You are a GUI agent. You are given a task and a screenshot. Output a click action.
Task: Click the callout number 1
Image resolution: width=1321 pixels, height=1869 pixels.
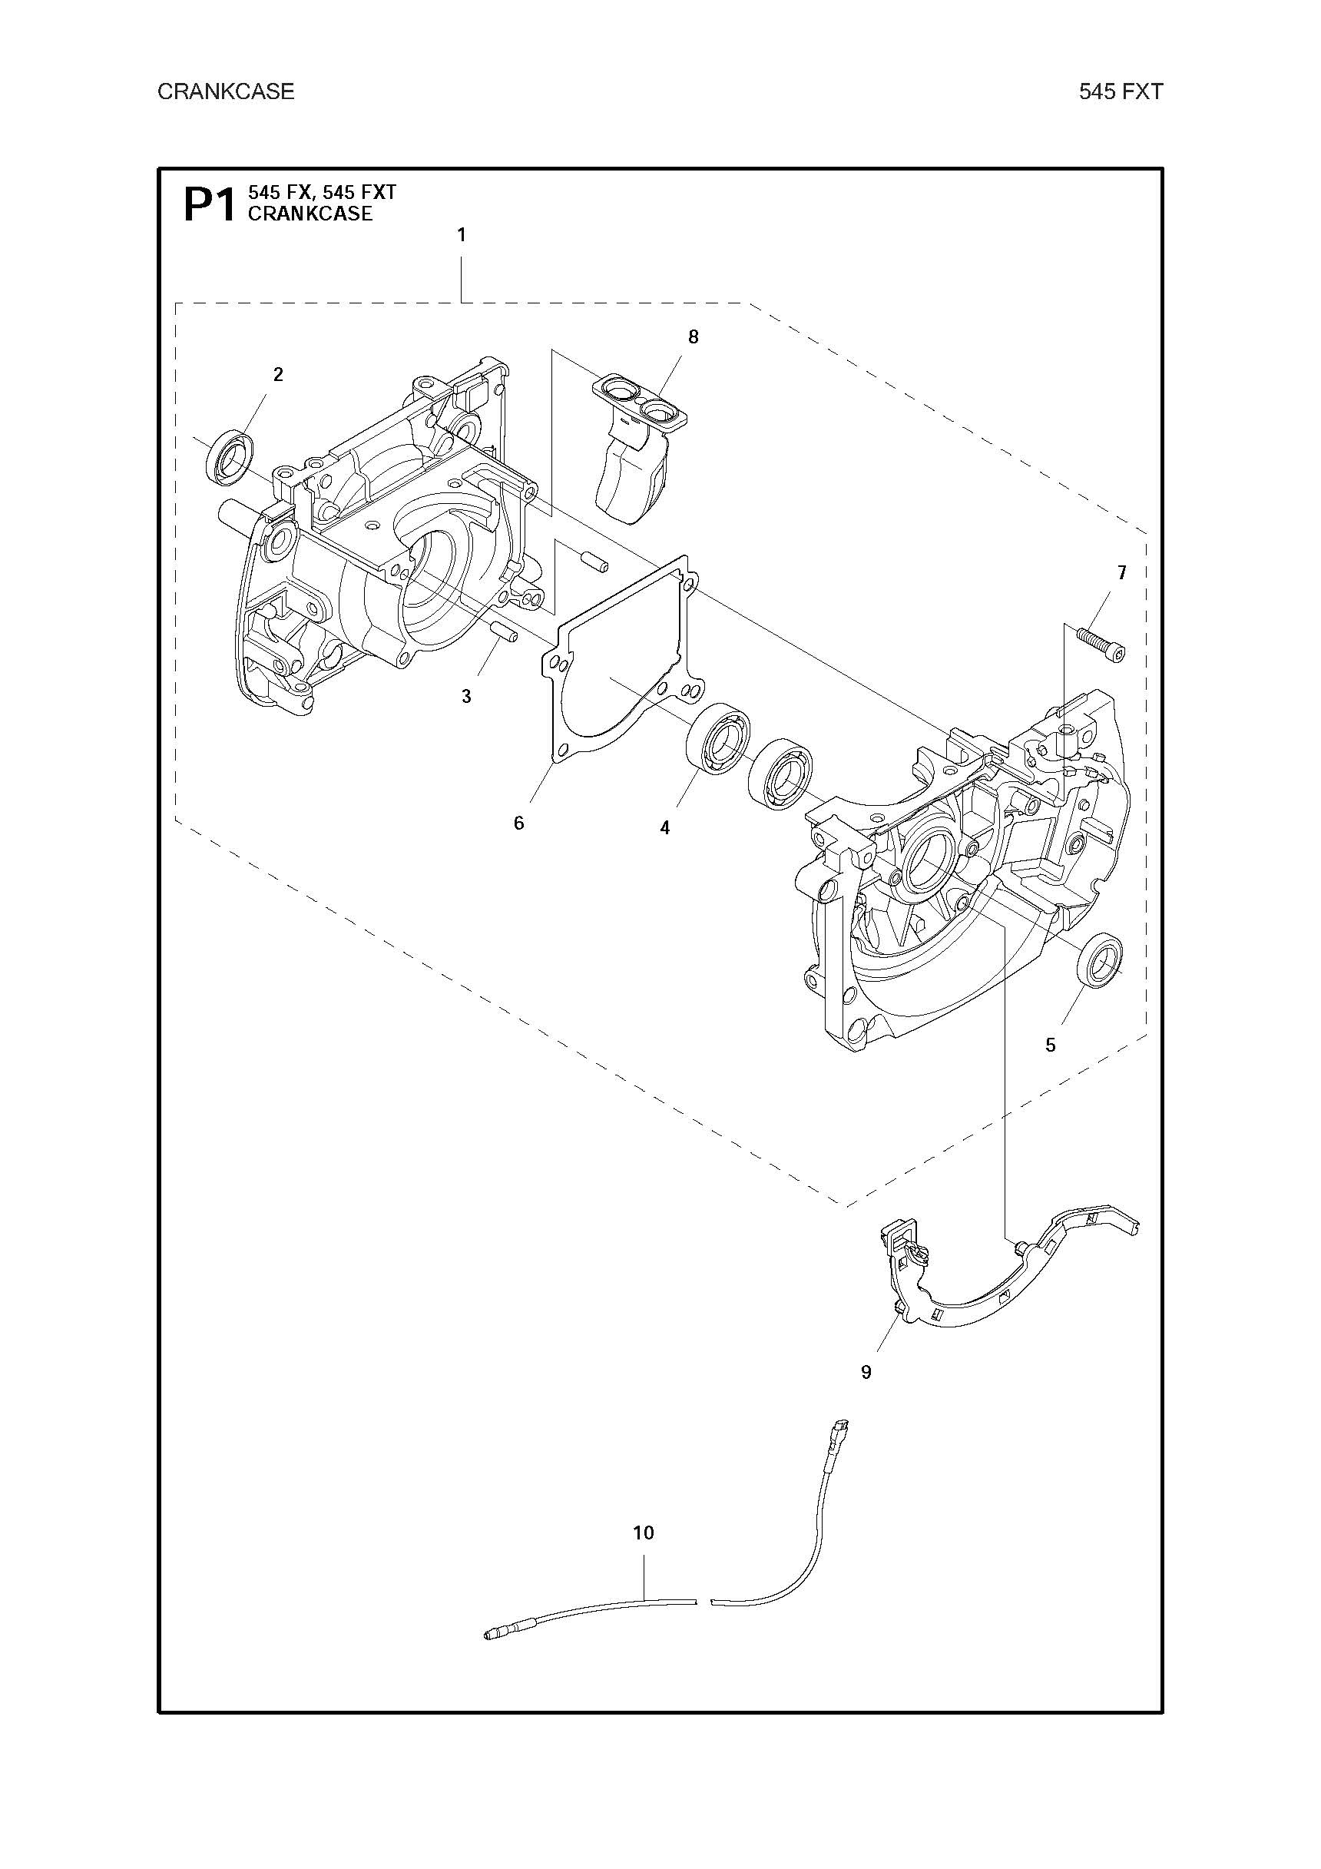click(x=462, y=235)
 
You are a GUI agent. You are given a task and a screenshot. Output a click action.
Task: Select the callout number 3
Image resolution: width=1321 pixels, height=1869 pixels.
click(x=466, y=697)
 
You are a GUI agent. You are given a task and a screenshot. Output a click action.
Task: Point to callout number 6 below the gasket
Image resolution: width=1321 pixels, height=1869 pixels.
click(x=519, y=823)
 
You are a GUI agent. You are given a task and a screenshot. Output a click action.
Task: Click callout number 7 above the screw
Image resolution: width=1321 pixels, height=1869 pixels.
click(x=1121, y=573)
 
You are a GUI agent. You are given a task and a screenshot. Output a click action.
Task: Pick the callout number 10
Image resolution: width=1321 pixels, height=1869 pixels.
click(x=643, y=1533)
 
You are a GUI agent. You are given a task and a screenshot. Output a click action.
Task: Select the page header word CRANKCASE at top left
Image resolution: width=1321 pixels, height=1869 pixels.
click(x=226, y=91)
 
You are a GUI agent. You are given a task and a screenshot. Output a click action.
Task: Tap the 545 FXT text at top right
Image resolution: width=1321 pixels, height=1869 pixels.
click(x=1121, y=91)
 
